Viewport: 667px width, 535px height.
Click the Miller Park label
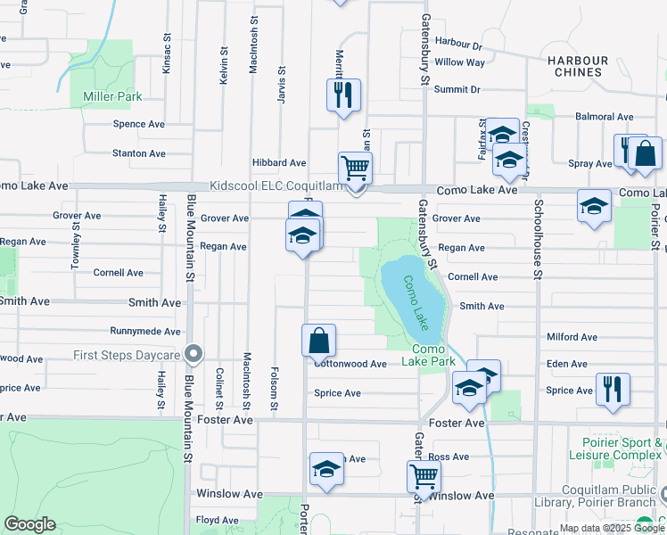(111, 96)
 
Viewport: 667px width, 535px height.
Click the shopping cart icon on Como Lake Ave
(355, 168)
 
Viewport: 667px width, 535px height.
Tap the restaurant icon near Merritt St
(343, 94)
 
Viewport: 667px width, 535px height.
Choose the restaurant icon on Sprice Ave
(612, 389)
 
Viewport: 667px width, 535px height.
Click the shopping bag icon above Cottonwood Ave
(318, 341)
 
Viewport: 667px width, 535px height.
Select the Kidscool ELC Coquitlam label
(276, 185)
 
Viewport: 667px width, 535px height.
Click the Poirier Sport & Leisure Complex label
(617, 449)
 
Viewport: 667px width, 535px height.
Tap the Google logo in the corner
(29, 524)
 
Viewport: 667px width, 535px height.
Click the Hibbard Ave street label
(279, 163)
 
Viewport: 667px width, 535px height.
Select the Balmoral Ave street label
(605, 117)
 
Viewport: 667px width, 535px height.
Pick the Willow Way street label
(460, 62)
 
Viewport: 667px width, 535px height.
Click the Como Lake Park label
(429, 355)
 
